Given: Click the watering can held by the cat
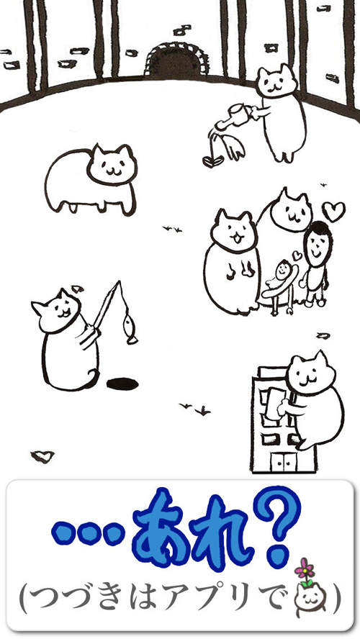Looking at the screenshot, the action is point(235,114).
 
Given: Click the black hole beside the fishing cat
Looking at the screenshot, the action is point(122,384).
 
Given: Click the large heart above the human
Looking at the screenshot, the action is point(333,211).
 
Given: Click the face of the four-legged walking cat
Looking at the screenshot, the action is point(113,164).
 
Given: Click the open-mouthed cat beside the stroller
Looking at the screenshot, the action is point(233,263).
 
